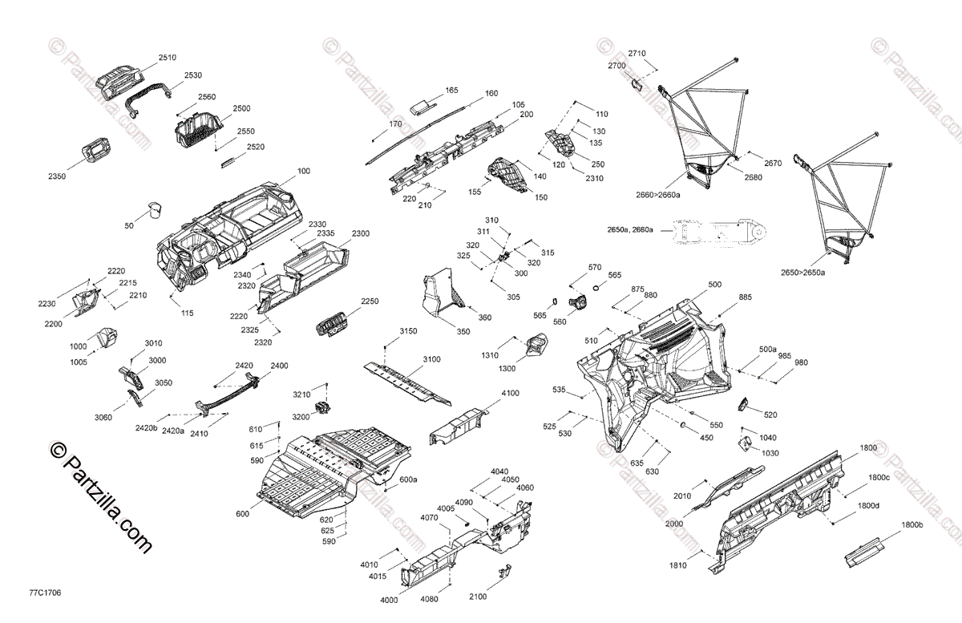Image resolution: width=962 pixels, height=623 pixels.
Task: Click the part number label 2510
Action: [x=167, y=58]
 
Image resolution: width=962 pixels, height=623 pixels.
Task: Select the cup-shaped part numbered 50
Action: [x=155, y=211]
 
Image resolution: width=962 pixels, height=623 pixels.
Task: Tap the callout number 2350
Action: [x=58, y=175]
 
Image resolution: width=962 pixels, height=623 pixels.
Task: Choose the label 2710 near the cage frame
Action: [x=637, y=53]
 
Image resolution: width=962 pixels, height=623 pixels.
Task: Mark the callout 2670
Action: [x=772, y=163]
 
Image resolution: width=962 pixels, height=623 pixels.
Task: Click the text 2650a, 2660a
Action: [x=630, y=230]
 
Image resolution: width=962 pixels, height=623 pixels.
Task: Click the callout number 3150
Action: [x=409, y=331]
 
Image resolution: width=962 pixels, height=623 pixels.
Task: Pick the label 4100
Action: [x=510, y=394]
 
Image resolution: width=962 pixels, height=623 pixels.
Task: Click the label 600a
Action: [x=409, y=479]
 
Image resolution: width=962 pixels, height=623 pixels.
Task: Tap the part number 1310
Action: [x=489, y=355]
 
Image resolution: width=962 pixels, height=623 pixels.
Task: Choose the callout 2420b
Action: [x=146, y=427]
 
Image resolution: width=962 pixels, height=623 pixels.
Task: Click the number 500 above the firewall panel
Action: [x=714, y=285]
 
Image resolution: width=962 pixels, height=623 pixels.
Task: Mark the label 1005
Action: [x=79, y=362]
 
